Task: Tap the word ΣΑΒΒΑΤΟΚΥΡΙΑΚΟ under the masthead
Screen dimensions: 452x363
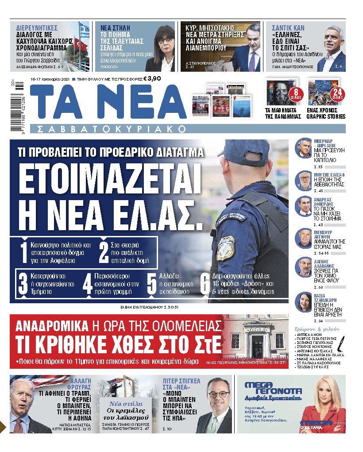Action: tap(108, 129)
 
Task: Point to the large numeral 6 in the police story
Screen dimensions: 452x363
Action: tap(205, 285)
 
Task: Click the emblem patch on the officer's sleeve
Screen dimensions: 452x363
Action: tap(225, 247)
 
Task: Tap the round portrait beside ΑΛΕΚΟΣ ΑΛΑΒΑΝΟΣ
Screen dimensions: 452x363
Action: tap(304, 267)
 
